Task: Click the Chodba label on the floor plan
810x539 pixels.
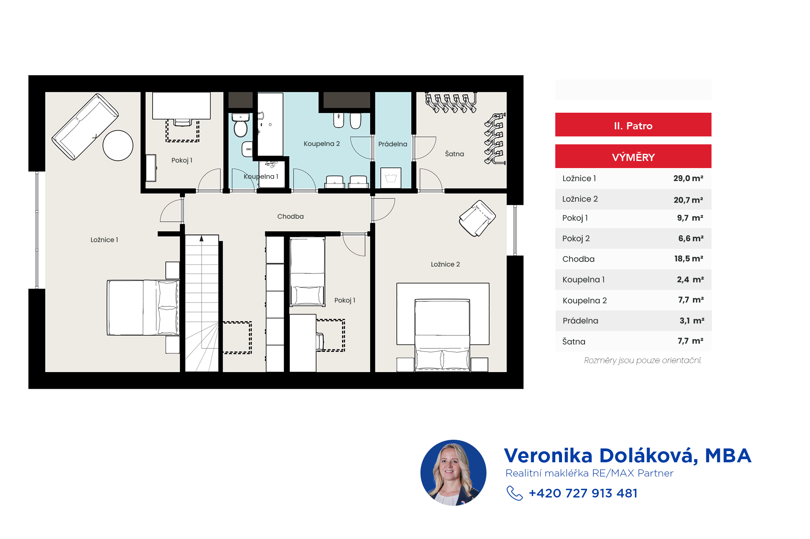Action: (x=290, y=216)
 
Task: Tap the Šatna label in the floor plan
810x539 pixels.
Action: (x=454, y=154)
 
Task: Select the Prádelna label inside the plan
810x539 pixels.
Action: (x=393, y=144)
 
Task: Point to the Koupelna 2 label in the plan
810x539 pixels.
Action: (x=322, y=144)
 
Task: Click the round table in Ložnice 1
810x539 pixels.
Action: (x=118, y=146)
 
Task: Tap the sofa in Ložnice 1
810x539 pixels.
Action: (x=85, y=127)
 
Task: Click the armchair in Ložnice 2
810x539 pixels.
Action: (x=477, y=218)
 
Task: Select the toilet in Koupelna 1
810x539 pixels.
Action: (x=240, y=125)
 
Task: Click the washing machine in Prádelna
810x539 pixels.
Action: (x=391, y=178)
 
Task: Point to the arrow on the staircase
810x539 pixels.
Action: (x=201, y=238)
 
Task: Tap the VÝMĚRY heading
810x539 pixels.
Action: (x=633, y=157)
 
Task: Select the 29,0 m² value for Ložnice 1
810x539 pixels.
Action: (x=688, y=178)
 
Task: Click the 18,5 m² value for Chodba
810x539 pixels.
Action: (x=689, y=259)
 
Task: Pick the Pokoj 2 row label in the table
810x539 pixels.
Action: (x=576, y=238)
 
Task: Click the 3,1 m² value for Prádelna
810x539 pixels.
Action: (x=692, y=321)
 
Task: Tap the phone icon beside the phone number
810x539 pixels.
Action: (x=515, y=493)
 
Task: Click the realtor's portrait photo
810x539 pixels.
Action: (x=453, y=473)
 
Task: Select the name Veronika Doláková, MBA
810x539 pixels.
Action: (x=628, y=456)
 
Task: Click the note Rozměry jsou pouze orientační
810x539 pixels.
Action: (x=643, y=360)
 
